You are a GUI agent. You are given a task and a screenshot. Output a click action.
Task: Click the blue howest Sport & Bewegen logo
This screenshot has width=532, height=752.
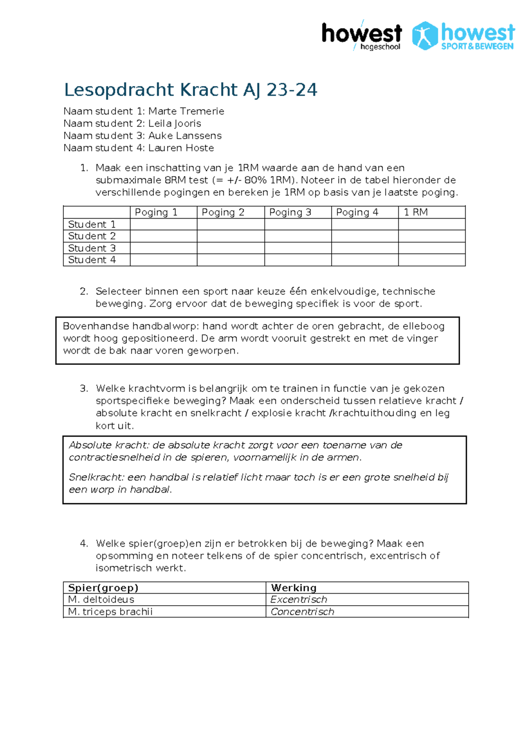tap(463, 35)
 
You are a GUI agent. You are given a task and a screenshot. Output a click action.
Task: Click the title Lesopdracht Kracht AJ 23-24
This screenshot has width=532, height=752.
tap(191, 90)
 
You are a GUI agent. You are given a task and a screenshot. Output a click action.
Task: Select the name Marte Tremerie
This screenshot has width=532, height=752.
tap(186, 111)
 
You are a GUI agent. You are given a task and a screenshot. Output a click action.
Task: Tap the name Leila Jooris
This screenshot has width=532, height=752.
tap(175, 124)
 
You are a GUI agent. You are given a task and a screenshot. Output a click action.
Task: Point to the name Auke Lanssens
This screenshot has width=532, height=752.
tap(185, 136)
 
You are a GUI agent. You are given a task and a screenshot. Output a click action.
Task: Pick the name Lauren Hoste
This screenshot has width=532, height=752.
tap(181, 148)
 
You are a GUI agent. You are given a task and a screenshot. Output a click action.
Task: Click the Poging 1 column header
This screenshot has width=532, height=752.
tap(156, 212)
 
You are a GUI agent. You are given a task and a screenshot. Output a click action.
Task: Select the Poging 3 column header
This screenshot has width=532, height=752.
tap(290, 212)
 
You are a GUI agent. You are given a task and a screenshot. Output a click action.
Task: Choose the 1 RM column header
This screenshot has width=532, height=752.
tap(416, 212)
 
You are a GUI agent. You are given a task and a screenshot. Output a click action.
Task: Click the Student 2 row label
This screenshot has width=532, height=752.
tap(92, 236)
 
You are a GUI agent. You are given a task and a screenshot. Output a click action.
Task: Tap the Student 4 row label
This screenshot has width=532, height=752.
tap(92, 260)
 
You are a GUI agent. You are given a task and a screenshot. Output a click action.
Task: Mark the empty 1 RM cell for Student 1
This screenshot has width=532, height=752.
tap(431, 224)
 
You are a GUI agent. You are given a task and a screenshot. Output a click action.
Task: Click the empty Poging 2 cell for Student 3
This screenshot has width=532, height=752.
tap(231, 248)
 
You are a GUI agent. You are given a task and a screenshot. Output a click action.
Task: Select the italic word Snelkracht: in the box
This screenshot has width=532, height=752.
tap(96, 478)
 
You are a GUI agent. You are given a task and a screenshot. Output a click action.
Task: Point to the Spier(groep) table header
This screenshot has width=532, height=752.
tap(103, 588)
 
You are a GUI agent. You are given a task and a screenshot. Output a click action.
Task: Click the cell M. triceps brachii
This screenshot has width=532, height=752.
tap(110, 612)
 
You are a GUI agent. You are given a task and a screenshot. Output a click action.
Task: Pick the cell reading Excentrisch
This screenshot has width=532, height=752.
tap(299, 600)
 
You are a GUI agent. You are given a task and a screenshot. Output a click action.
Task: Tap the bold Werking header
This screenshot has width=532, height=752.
tap(294, 588)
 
